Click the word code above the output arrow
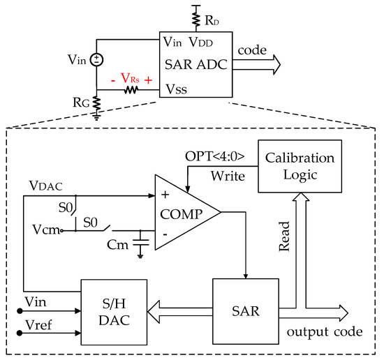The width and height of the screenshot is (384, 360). (x=253, y=51)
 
